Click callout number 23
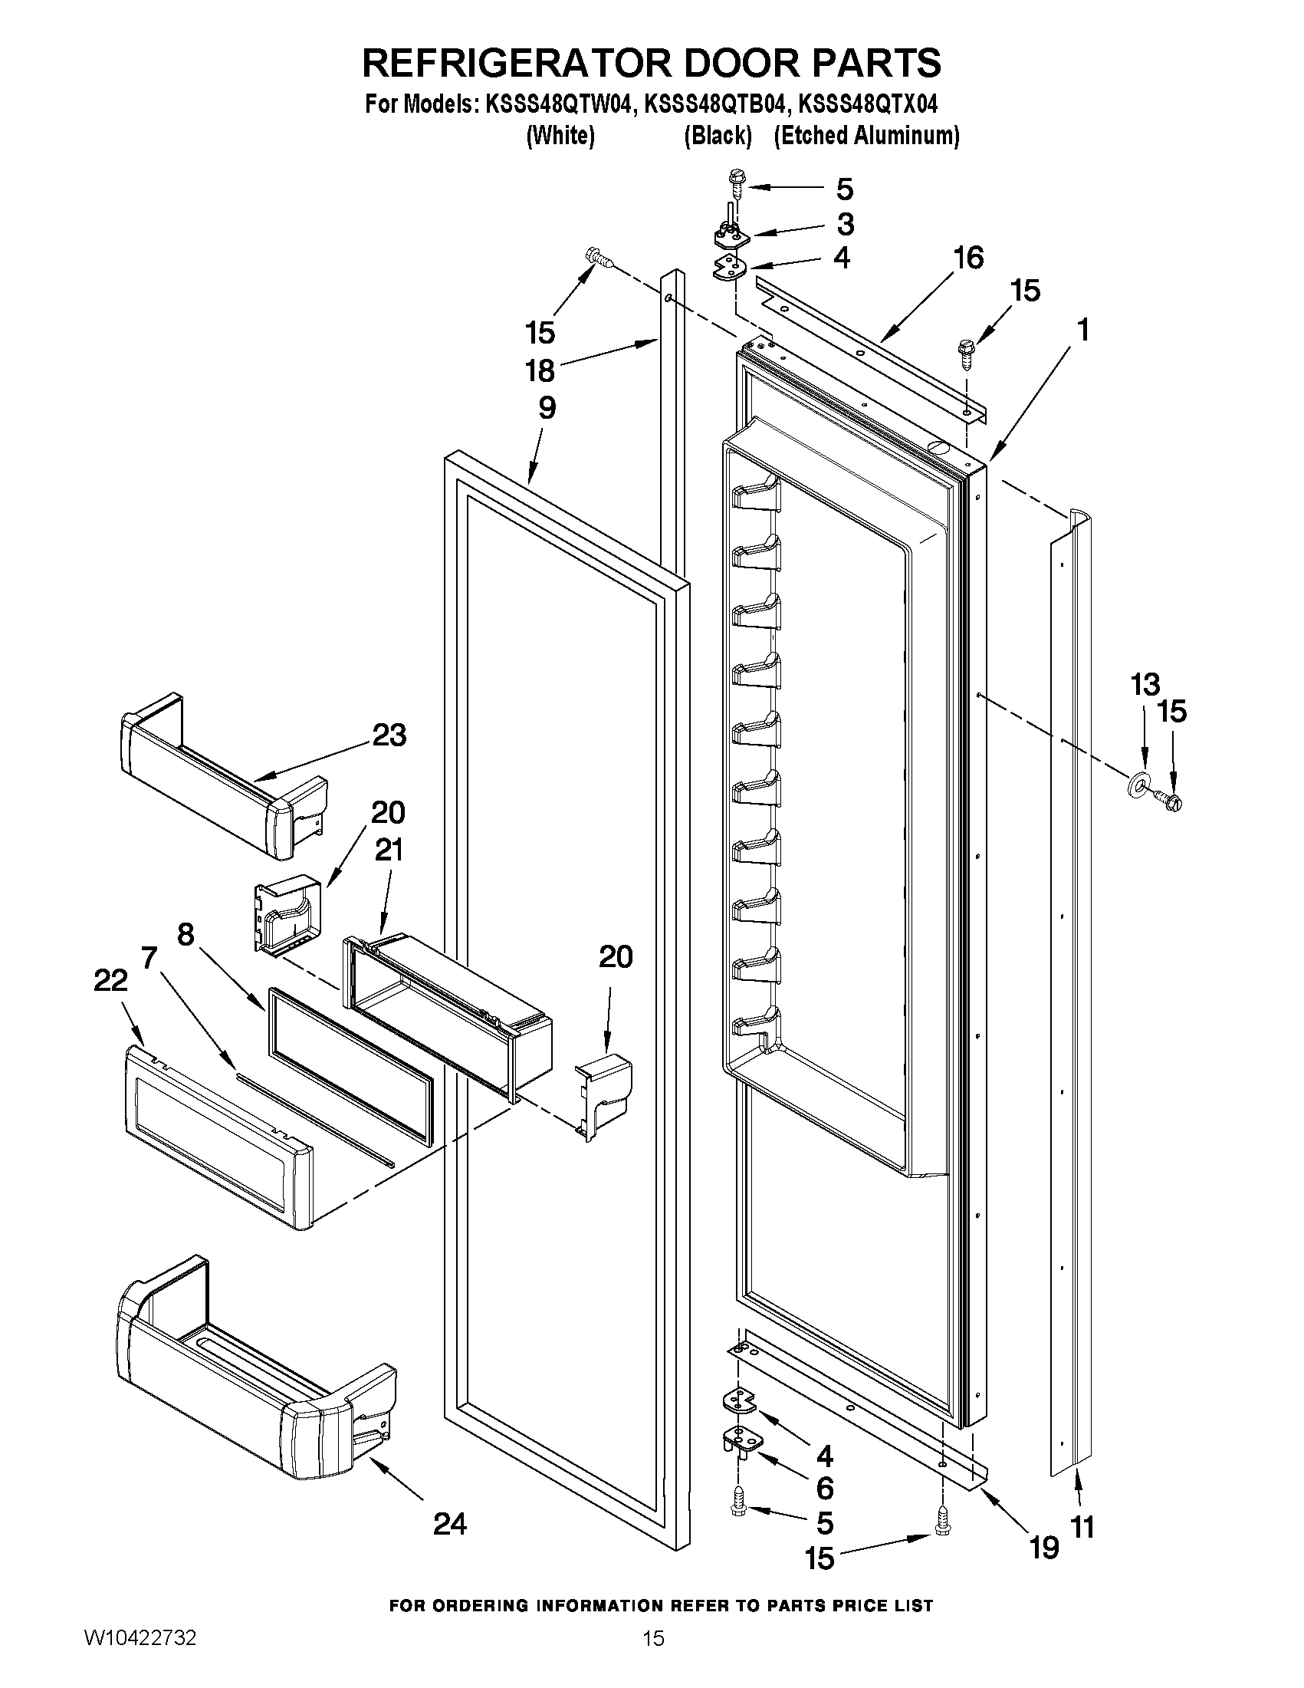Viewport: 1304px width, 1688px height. [x=389, y=735]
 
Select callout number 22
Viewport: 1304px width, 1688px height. [x=110, y=981]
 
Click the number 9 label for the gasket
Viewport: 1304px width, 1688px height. [x=546, y=407]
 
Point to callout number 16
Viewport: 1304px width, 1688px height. [x=968, y=258]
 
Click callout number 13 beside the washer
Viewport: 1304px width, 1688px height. [x=1145, y=684]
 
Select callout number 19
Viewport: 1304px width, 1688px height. [x=1043, y=1548]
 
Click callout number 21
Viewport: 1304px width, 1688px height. [x=389, y=851]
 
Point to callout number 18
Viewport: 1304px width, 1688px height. [x=540, y=371]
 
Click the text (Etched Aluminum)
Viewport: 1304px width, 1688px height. [x=866, y=136]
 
